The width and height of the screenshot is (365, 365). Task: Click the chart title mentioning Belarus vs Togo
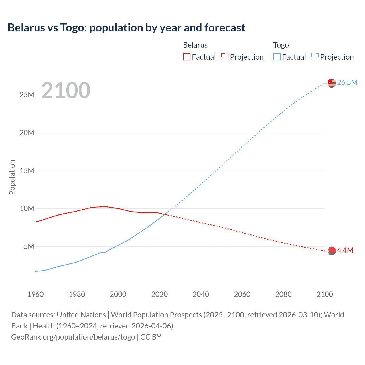click(126, 28)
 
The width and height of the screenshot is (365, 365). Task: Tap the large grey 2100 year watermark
click(66, 90)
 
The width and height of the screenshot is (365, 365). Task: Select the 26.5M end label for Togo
click(347, 82)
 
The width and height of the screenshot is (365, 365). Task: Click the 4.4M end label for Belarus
click(345, 250)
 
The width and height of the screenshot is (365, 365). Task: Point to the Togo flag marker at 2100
click(332, 83)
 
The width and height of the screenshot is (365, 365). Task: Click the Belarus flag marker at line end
click(332, 251)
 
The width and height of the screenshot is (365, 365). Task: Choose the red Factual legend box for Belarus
click(187, 57)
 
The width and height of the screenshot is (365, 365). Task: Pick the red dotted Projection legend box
click(225, 57)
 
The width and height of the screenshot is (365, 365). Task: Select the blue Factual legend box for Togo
click(277, 57)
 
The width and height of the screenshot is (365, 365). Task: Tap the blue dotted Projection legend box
click(315, 57)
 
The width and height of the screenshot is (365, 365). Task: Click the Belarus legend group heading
click(195, 45)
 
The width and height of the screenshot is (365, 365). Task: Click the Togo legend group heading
click(281, 45)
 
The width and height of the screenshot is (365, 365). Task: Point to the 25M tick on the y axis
click(27, 95)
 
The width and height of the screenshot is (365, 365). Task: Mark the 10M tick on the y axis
click(27, 208)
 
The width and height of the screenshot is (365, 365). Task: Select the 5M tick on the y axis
click(29, 246)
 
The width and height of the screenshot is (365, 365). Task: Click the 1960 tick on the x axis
click(36, 294)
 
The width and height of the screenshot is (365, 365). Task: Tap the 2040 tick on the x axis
click(201, 294)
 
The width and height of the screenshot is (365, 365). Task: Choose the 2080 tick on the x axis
click(283, 294)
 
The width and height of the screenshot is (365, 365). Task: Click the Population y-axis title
click(12, 177)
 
